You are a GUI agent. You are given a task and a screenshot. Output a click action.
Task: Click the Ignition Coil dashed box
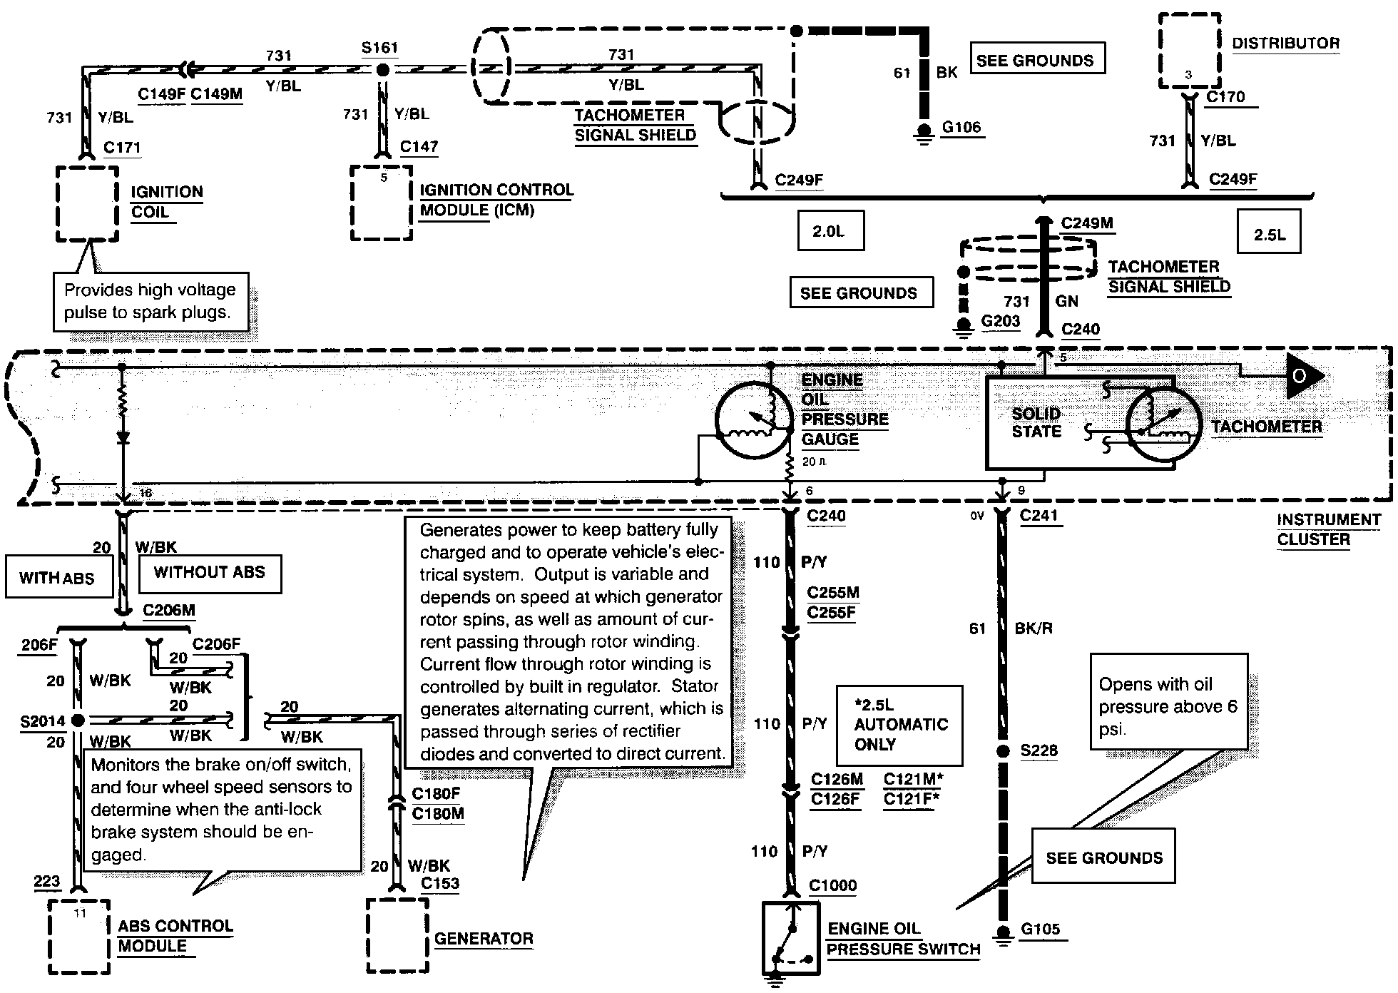[58, 204]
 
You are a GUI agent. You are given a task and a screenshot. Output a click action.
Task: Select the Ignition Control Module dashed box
[352, 203]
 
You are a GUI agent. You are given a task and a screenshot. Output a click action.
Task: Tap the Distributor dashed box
[1160, 50]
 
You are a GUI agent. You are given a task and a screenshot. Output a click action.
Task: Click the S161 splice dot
[383, 70]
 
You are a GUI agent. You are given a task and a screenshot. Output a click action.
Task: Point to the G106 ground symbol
[924, 133]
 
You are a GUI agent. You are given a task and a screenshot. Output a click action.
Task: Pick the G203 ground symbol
[963, 327]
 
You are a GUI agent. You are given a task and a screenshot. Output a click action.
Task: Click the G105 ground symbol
[1003, 935]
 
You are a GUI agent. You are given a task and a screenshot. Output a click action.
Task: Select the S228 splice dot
[1003, 750]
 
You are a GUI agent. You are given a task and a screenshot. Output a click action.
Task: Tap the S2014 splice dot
[78, 720]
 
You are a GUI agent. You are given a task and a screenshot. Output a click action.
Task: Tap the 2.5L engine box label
[1269, 232]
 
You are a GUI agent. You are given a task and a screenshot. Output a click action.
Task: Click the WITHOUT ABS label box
[210, 573]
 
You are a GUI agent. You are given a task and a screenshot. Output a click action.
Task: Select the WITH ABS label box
[58, 576]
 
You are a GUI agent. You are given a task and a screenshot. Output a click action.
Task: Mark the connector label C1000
[833, 885]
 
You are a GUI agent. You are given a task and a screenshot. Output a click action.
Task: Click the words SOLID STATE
[1036, 422]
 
